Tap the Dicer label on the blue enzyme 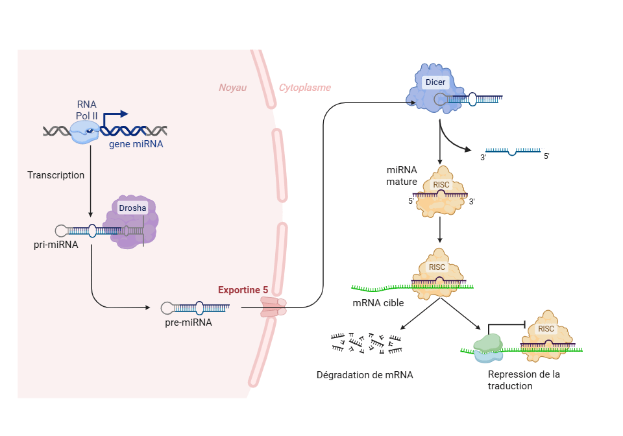[x=435, y=82]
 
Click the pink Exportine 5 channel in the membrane [x=273, y=307]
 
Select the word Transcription [x=56, y=175]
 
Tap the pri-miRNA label [x=56, y=245]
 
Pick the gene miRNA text [x=136, y=144]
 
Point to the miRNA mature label [x=401, y=176]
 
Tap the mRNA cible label [x=378, y=302]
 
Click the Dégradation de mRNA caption [x=365, y=374]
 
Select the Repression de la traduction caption [x=523, y=380]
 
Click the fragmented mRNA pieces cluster [x=365, y=343]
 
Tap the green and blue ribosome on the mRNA [x=489, y=348]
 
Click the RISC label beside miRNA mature [x=441, y=185]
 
